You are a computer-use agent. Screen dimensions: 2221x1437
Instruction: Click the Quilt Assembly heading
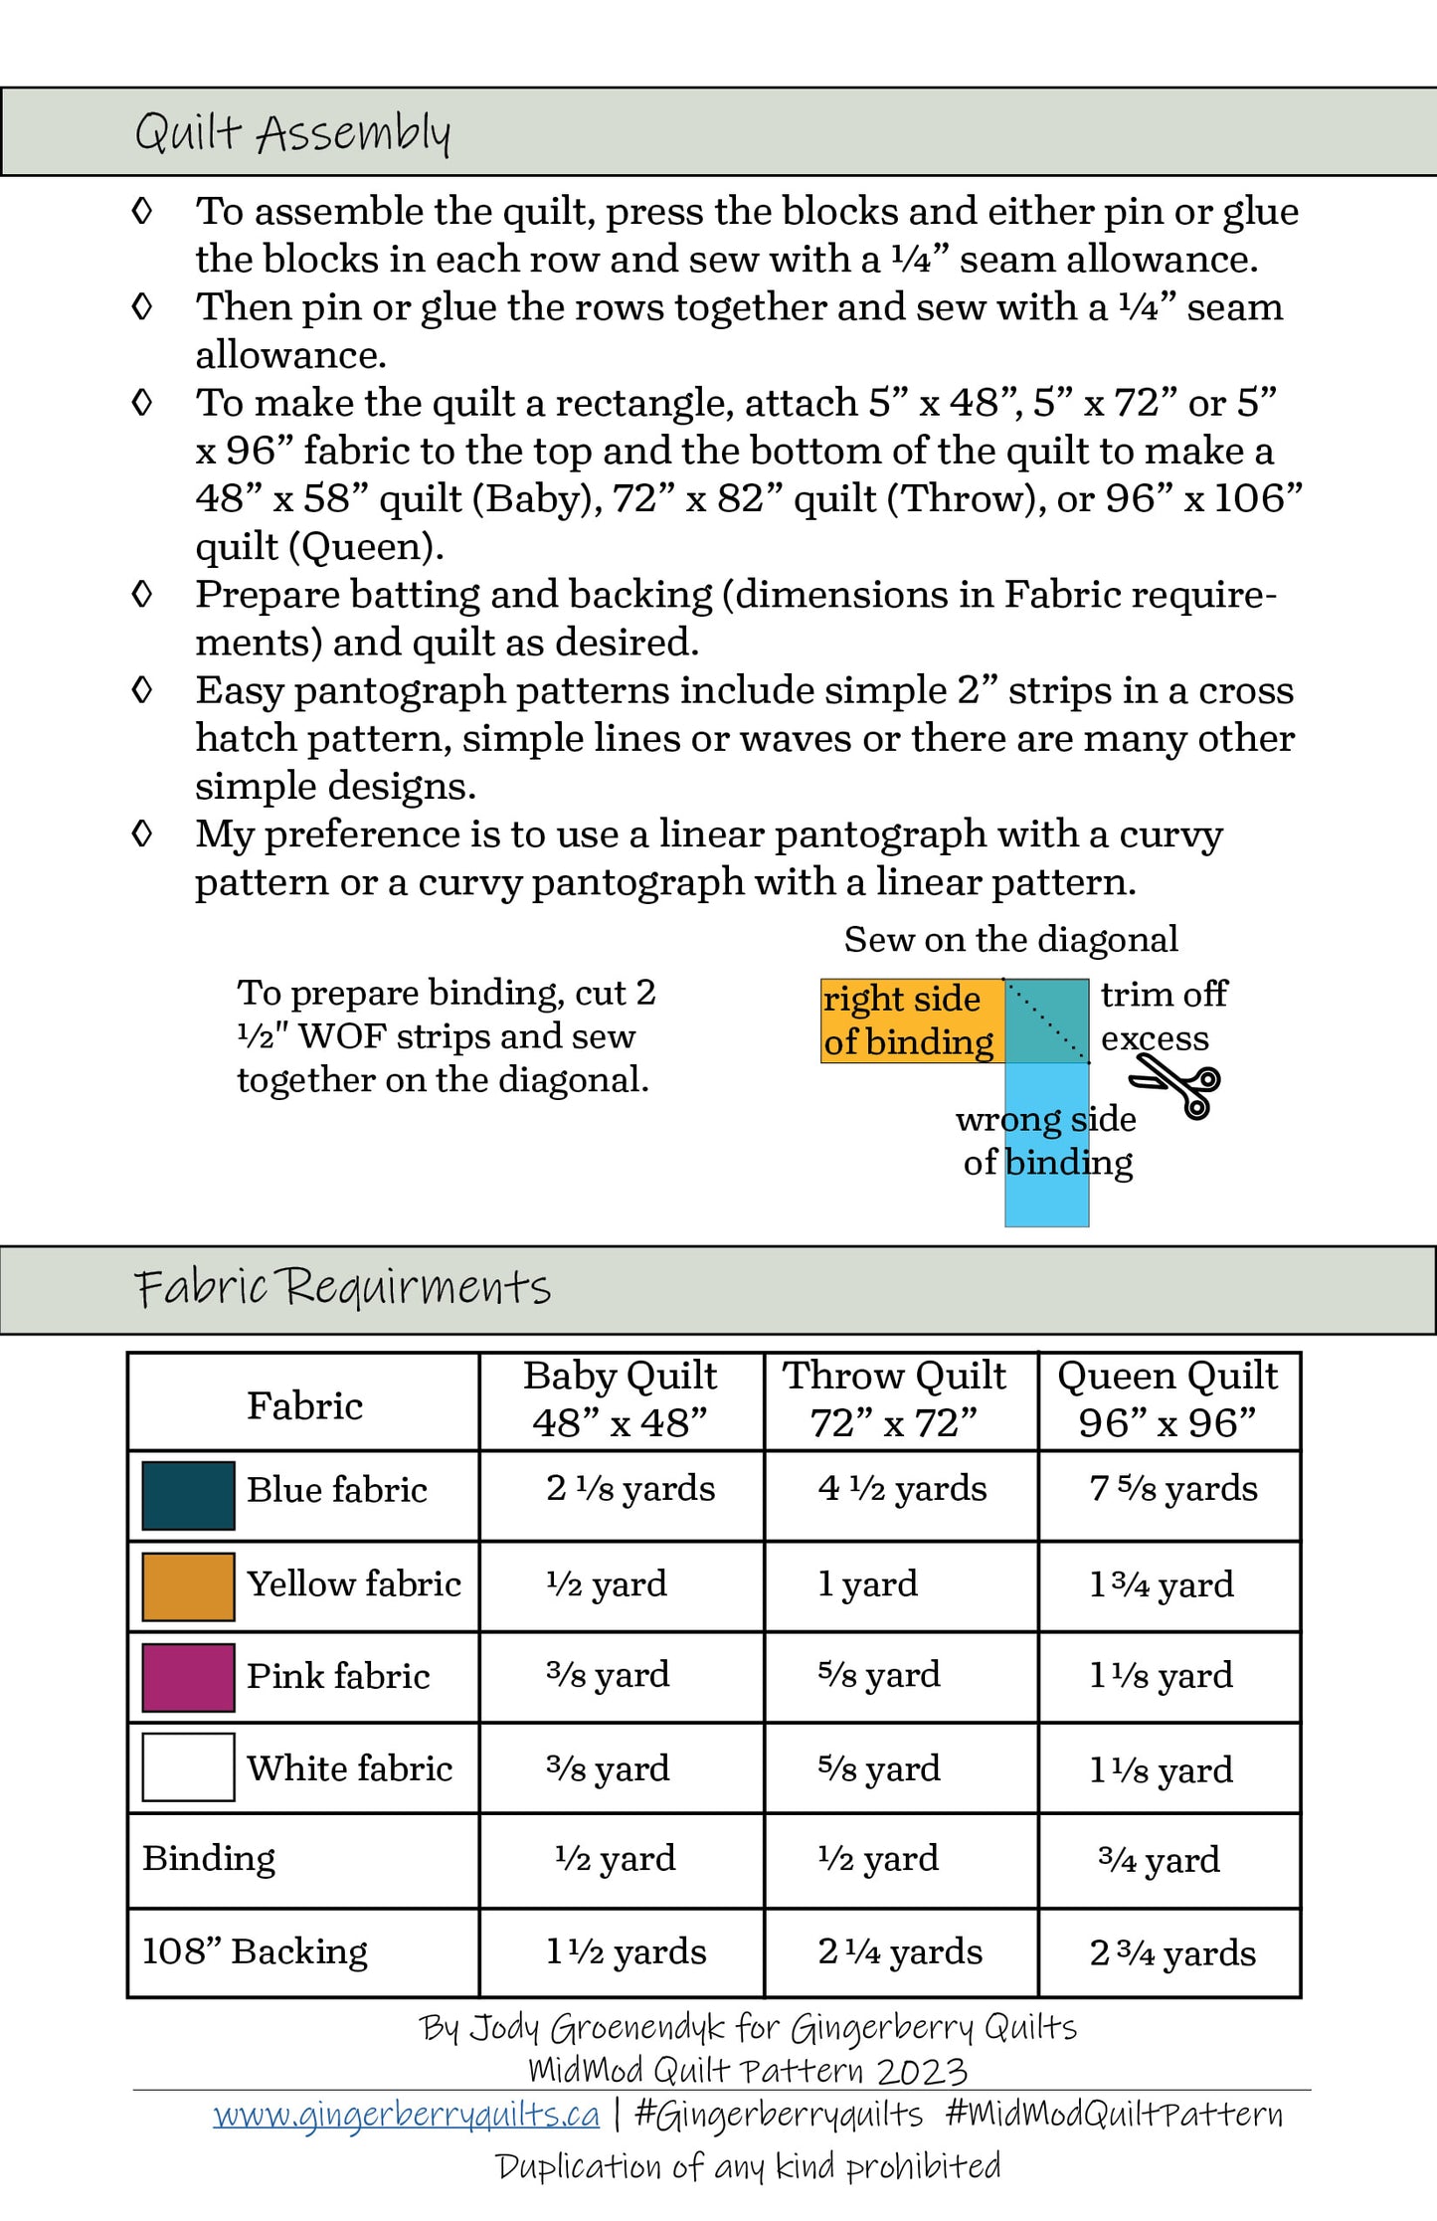tap(292, 132)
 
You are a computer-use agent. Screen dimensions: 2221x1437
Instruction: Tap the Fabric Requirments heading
tap(342, 1287)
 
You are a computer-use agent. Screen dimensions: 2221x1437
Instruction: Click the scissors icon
tap(1177, 1085)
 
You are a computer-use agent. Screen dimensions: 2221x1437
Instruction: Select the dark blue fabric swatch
tap(188, 1495)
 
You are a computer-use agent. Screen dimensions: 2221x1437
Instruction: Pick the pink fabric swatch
tap(188, 1677)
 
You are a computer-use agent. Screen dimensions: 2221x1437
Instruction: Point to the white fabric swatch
tap(188, 1767)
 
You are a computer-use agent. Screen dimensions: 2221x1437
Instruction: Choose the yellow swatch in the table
tap(188, 1586)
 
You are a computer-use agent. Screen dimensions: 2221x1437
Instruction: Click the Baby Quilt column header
tap(621, 1399)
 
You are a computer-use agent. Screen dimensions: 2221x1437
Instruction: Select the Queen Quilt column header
tap(1168, 1399)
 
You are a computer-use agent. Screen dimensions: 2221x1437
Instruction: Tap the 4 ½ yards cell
tap(902, 1489)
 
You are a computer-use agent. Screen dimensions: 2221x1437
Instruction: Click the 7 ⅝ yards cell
tap(1173, 1489)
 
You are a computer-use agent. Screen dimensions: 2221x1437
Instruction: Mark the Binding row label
tap(209, 1858)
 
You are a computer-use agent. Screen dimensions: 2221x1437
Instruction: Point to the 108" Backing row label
tap(255, 1951)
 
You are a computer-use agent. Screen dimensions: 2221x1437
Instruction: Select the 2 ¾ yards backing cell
tap(1172, 1952)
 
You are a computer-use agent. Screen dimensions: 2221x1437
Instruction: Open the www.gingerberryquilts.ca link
tap(407, 2114)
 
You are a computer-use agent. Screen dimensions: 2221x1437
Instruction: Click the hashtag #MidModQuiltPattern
tap(1114, 2114)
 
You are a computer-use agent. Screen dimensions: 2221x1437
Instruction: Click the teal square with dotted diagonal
tap(1046, 1020)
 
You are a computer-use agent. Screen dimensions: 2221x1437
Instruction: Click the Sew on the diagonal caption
tap(1010, 939)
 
